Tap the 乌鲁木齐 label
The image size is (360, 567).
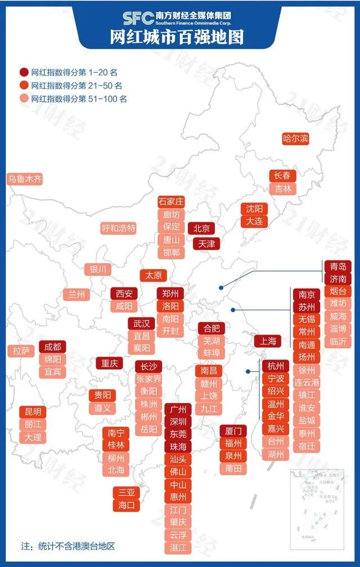(25, 179)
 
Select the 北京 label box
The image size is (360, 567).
(201, 228)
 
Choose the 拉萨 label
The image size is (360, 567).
(21, 350)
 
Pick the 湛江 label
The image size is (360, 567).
(181, 547)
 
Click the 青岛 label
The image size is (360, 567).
(338, 266)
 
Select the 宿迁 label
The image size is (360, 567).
(307, 445)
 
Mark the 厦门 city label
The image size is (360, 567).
(232, 431)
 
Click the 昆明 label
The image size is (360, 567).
(33, 411)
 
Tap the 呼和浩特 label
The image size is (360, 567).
(119, 228)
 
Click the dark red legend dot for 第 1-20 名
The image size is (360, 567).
(24, 72)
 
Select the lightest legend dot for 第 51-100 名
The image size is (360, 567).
(24, 98)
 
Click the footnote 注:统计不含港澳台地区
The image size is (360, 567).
(67, 546)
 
